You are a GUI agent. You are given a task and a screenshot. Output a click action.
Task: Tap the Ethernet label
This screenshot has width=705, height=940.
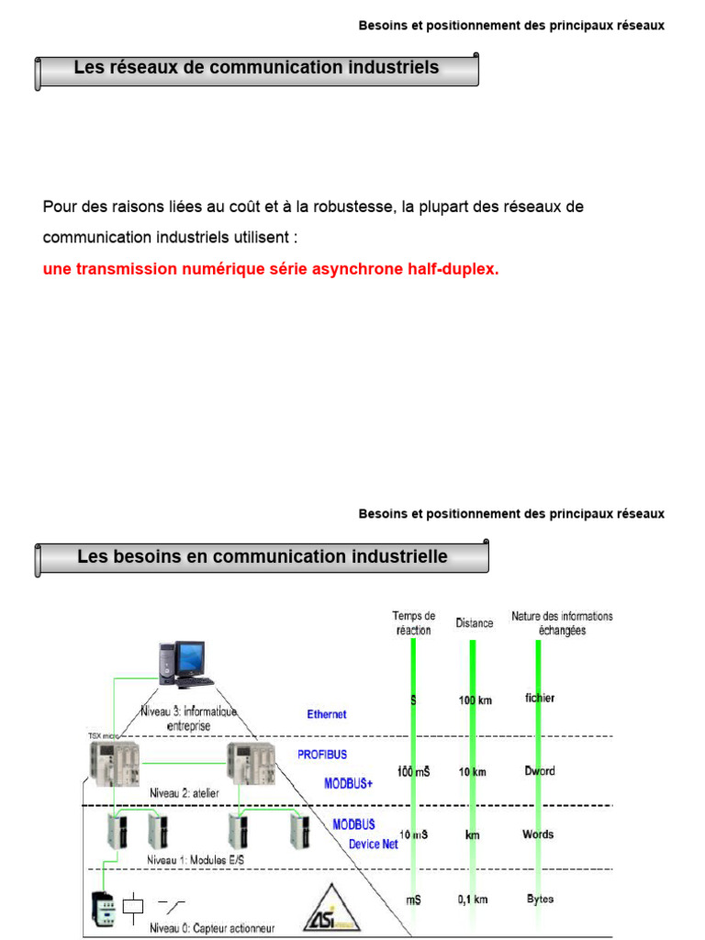327,713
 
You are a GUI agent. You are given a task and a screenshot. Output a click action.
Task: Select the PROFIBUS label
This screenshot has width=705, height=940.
321,754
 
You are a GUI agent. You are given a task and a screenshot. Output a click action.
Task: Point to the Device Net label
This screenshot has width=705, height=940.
373,844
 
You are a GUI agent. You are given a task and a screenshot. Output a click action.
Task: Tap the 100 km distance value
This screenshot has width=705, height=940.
476,699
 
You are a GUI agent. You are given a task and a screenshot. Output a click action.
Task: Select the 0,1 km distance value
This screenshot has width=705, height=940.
472,901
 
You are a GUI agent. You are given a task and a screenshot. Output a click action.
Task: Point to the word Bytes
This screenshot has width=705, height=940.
540,900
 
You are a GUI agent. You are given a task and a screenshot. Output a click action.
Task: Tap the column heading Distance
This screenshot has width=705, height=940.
474,623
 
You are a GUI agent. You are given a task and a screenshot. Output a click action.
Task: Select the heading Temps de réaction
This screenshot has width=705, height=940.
413,623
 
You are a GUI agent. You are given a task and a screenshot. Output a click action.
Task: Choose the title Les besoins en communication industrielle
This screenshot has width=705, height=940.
263,557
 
